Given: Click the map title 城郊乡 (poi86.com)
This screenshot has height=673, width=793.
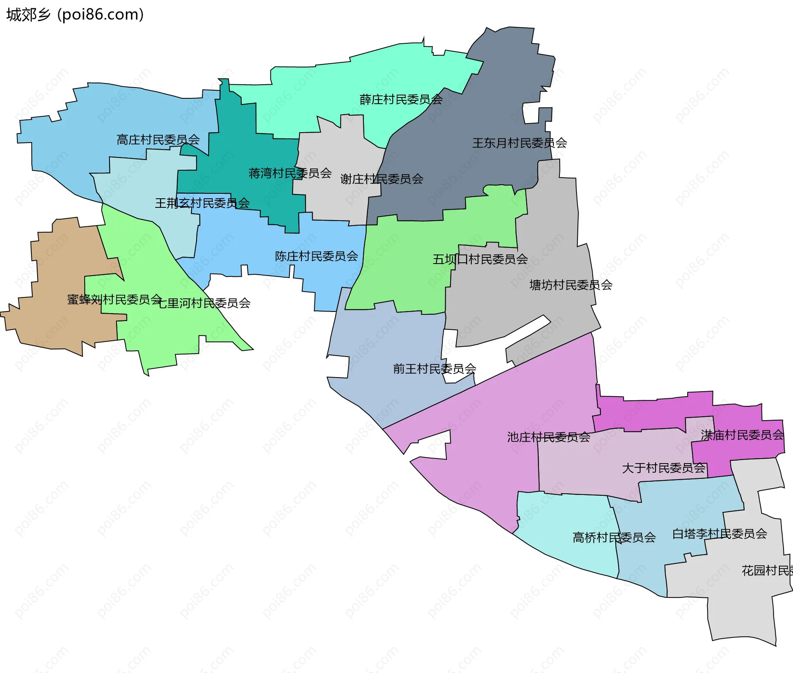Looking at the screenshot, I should (x=75, y=14).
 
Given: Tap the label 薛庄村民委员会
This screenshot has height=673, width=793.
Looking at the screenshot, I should (x=401, y=100).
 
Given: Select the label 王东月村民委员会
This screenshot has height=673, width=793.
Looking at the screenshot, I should (x=519, y=143).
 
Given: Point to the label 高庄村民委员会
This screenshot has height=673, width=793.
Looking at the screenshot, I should (x=158, y=140).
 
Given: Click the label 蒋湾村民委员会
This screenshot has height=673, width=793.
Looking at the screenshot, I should (x=290, y=173).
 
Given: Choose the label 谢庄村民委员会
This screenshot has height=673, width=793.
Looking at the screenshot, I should (x=382, y=179).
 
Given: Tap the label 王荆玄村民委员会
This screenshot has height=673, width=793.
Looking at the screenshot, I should (x=202, y=203).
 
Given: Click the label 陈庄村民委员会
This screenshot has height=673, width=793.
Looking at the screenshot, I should (x=316, y=257).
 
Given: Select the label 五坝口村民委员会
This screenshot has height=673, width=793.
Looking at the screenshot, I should (x=480, y=259).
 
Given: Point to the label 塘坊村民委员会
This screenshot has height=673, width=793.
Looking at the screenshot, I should (x=570, y=285).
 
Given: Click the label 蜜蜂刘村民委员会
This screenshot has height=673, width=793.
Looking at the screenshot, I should (x=114, y=300).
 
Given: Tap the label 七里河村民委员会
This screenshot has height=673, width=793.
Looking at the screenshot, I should (x=204, y=303).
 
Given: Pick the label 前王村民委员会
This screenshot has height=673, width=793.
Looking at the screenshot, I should (x=434, y=369).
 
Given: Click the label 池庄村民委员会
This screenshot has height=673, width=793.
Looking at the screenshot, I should (x=548, y=437).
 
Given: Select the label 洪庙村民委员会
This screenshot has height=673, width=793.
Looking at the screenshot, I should (x=742, y=435).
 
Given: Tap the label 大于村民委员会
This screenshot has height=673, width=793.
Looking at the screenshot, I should (x=663, y=468).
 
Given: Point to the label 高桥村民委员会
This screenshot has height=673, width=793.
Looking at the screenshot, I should (x=614, y=537).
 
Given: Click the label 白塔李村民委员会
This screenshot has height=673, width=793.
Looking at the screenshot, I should (x=719, y=534).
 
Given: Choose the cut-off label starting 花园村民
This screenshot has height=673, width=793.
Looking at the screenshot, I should (x=767, y=571).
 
